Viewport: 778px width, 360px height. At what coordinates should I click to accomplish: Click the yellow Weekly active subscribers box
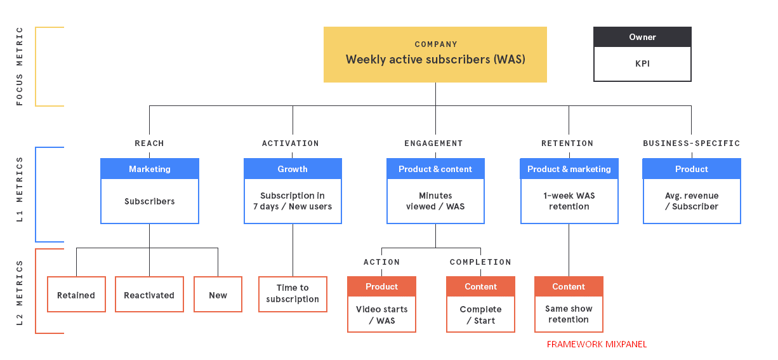[435, 55]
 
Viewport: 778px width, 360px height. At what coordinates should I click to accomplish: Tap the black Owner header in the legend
[642, 37]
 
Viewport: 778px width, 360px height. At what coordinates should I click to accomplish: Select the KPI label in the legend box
[642, 63]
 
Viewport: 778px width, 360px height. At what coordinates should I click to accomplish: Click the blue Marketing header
[150, 169]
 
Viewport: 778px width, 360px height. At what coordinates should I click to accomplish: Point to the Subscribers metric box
[150, 201]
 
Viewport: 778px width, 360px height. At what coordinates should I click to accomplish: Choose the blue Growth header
[293, 169]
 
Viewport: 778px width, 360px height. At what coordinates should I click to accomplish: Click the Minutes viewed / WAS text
[435, 201]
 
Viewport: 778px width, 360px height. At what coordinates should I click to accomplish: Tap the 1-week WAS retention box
[569, 201]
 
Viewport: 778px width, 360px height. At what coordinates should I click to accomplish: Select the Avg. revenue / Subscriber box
[692, 201]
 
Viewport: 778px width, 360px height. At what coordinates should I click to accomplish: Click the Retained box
[76, 295]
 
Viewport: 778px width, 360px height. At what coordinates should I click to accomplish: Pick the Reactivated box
[149, 295]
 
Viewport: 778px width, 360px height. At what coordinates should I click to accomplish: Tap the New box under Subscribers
[218, 295]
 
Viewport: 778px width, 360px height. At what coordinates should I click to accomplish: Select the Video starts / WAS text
[382, 315]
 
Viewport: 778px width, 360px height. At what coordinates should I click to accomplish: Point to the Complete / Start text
[480, 315]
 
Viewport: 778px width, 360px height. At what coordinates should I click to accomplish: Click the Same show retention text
[569, 314]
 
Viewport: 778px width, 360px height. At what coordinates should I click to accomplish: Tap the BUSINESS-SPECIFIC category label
[692, 143]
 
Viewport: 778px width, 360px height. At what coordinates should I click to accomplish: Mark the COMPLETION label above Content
[480, 262]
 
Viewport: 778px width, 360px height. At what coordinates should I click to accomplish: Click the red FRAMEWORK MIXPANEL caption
[597, 344]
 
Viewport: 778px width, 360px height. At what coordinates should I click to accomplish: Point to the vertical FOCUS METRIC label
[20, 66]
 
